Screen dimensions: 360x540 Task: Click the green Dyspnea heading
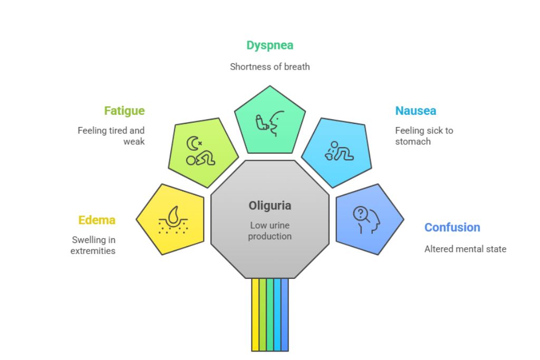269,45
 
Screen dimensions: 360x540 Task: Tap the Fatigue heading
124,111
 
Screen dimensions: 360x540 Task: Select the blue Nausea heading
416,111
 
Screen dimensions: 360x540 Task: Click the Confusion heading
452,227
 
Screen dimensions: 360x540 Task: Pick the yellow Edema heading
97,220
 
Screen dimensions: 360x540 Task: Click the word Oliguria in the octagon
269,206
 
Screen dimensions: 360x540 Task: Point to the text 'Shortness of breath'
269,67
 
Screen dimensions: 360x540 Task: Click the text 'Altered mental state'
465,249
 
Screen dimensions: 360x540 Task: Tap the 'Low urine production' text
269,231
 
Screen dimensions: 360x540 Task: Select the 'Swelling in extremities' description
93,245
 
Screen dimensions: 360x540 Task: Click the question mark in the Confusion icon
360,213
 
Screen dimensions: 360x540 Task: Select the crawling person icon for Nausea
340,151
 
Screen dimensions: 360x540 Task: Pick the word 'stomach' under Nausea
412,141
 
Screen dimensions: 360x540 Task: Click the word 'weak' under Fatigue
134,141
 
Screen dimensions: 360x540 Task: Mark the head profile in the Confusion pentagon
369,220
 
